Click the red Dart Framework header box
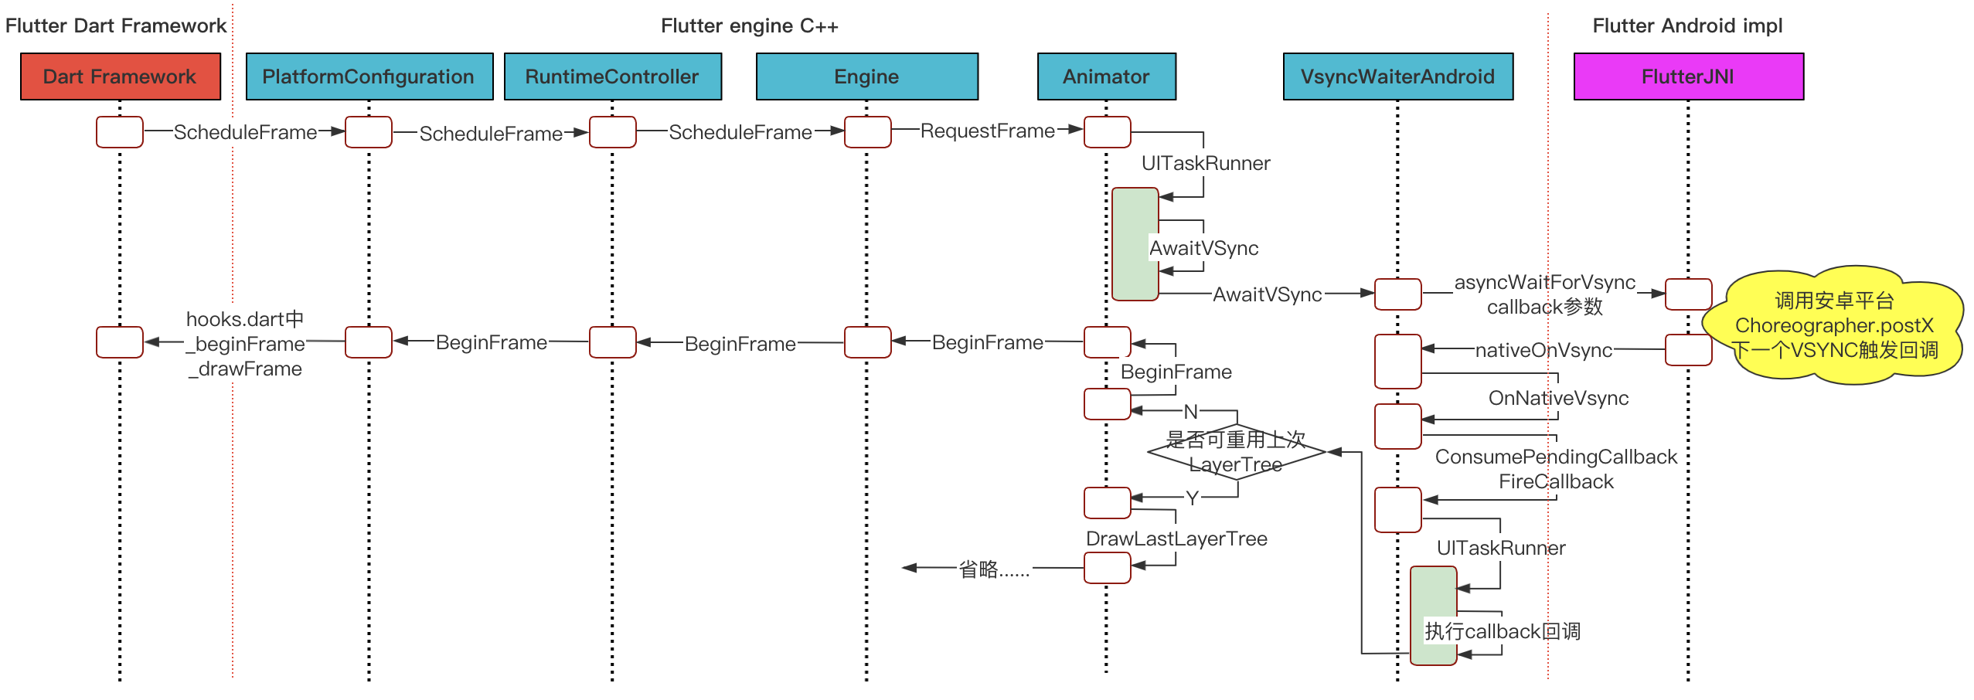(121, 76)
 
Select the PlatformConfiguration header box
(369, 76)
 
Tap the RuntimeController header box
(613, 76)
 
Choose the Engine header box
(867, 76)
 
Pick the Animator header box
(1107, 76)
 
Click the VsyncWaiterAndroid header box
(1398, 76)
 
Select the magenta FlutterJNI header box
(1689, 76)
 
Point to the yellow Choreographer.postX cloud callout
(1834, 325)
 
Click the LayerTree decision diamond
(1237, 452)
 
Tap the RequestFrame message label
(988, 131)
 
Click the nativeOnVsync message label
(1544, 350)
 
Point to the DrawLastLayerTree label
(1176, 539)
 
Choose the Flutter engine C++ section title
(750, 25)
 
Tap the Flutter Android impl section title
(1688, 25)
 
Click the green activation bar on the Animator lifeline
(1135, 244)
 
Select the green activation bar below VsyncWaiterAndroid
(1434, 616)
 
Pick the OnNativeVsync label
(1558, 398)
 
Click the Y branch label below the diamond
(1192, 498)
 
